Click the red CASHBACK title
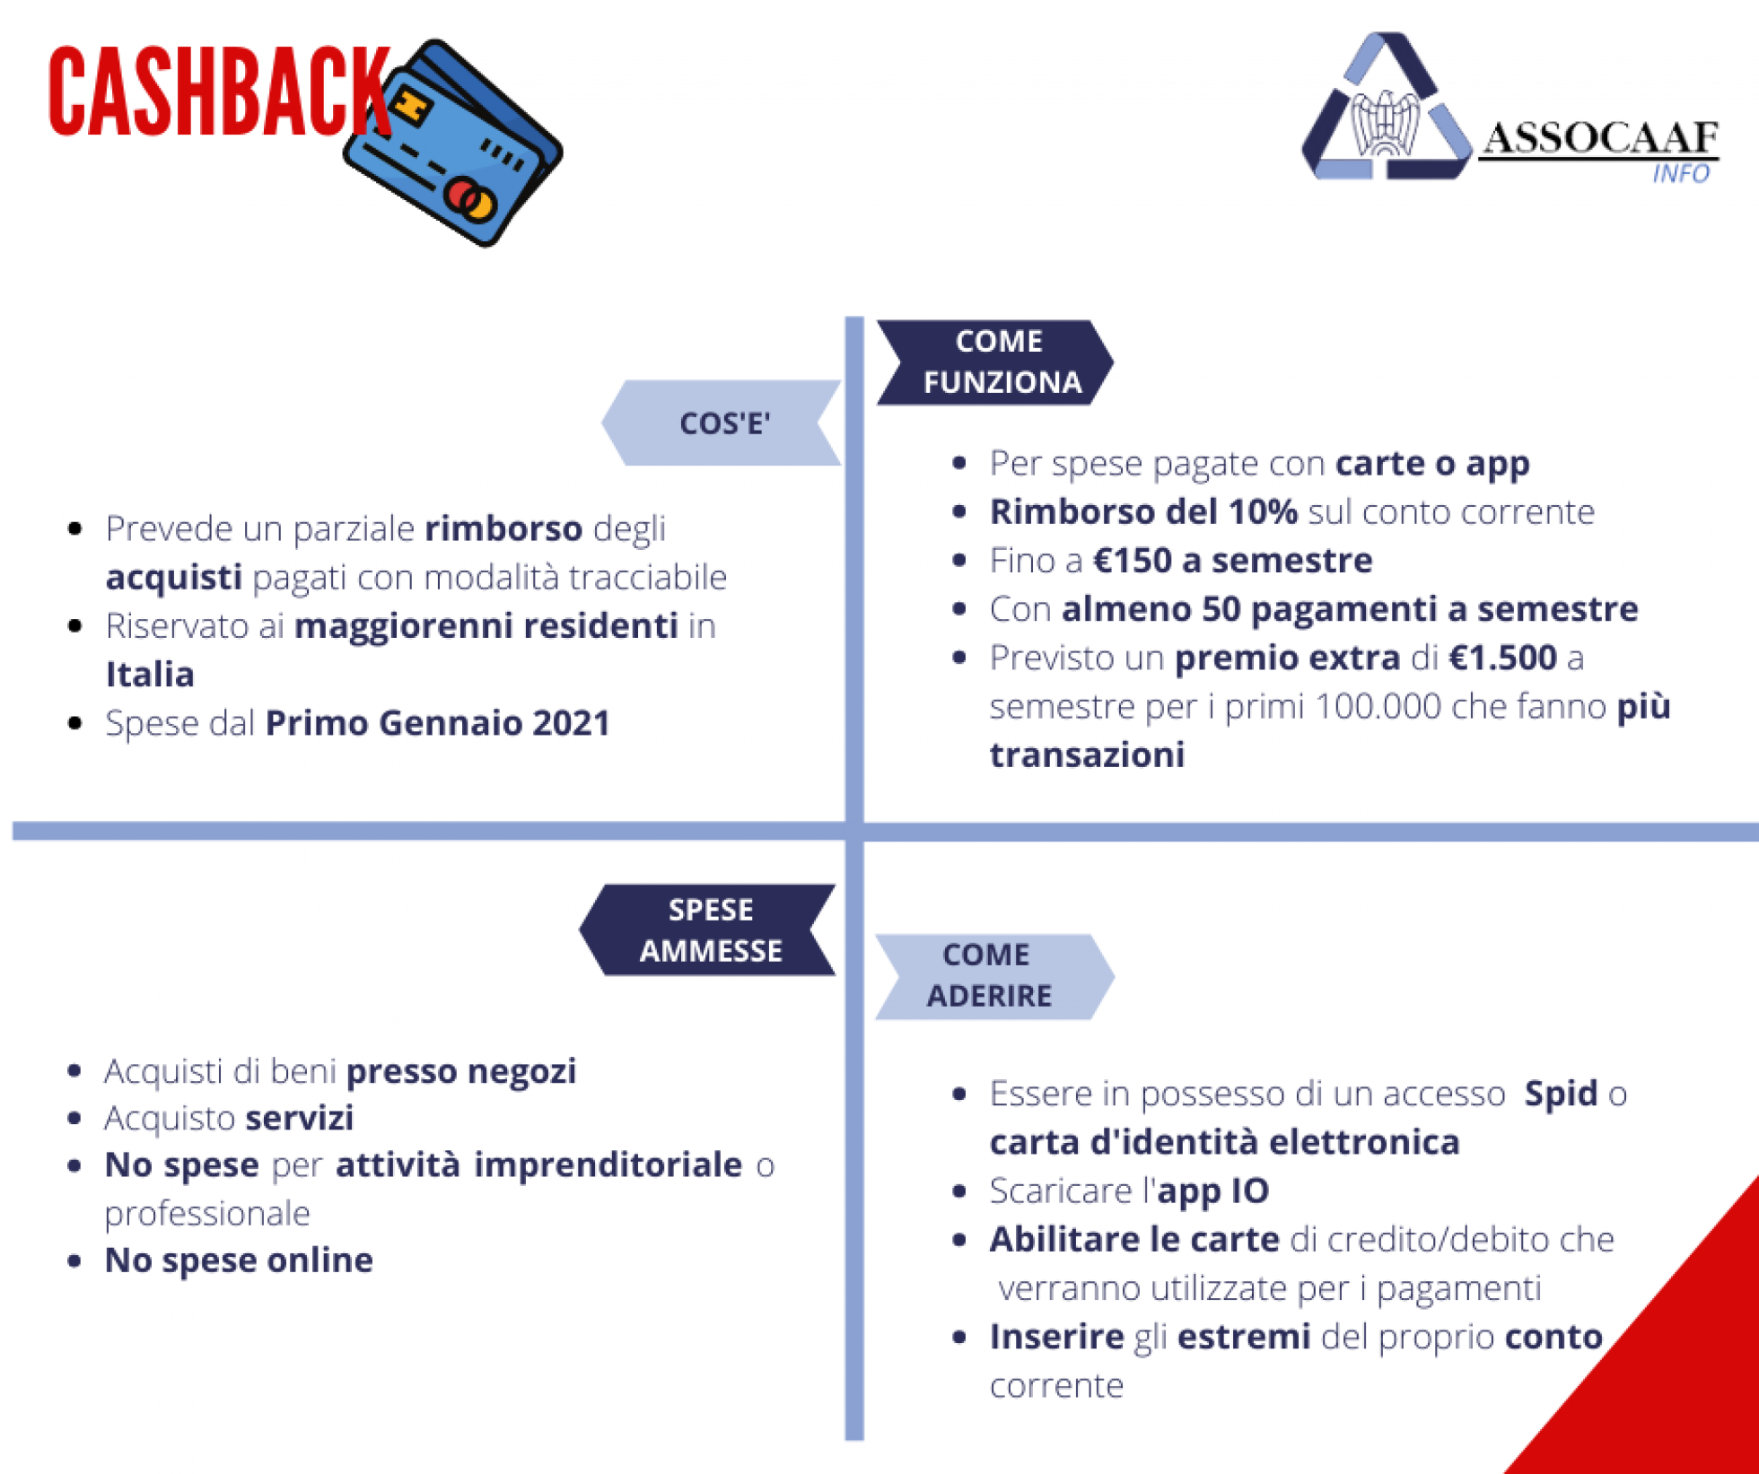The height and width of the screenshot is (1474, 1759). pyautogui.click(x=220, y=91)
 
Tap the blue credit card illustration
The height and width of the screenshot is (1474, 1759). pyautogui.click(x=453, y=144)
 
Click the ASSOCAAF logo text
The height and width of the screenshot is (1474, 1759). pyautogui.click(x=1600, y=138)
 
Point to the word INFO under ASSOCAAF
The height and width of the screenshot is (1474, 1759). pyautogui.click(x=1681, y=173)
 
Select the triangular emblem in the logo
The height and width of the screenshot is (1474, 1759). pyautogui.click(x=1387, y=108)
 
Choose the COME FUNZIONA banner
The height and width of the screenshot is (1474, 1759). pyautogui.click(x=995, y=362)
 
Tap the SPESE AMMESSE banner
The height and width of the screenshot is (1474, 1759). pyautogui.click(x=708, y=929)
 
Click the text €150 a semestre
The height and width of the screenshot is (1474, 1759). pyautogui.click(x=1233, y=561)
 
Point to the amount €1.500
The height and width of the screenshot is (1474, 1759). pyautogui.click(x=1503, y=658)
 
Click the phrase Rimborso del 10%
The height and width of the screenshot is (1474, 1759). pyautogui.click(x=1143, y=512)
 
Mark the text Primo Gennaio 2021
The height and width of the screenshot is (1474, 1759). pyautogui.click(x=438, y=723)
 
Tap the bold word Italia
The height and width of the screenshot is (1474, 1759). pyautogui.click(x=150, y=675)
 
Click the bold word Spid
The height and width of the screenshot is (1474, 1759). pyautogui.click(x=1562, y=1094)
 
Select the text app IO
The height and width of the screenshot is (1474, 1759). pyautogui.click(x=1213, y=1191)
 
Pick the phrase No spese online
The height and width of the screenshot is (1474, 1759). pyautogui.click(x=239, y=1260)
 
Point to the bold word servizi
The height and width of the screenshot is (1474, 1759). pyautogui.click(x=300, y=1118)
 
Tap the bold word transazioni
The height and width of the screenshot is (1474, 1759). pyautogui.click(x=1087, y=755)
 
